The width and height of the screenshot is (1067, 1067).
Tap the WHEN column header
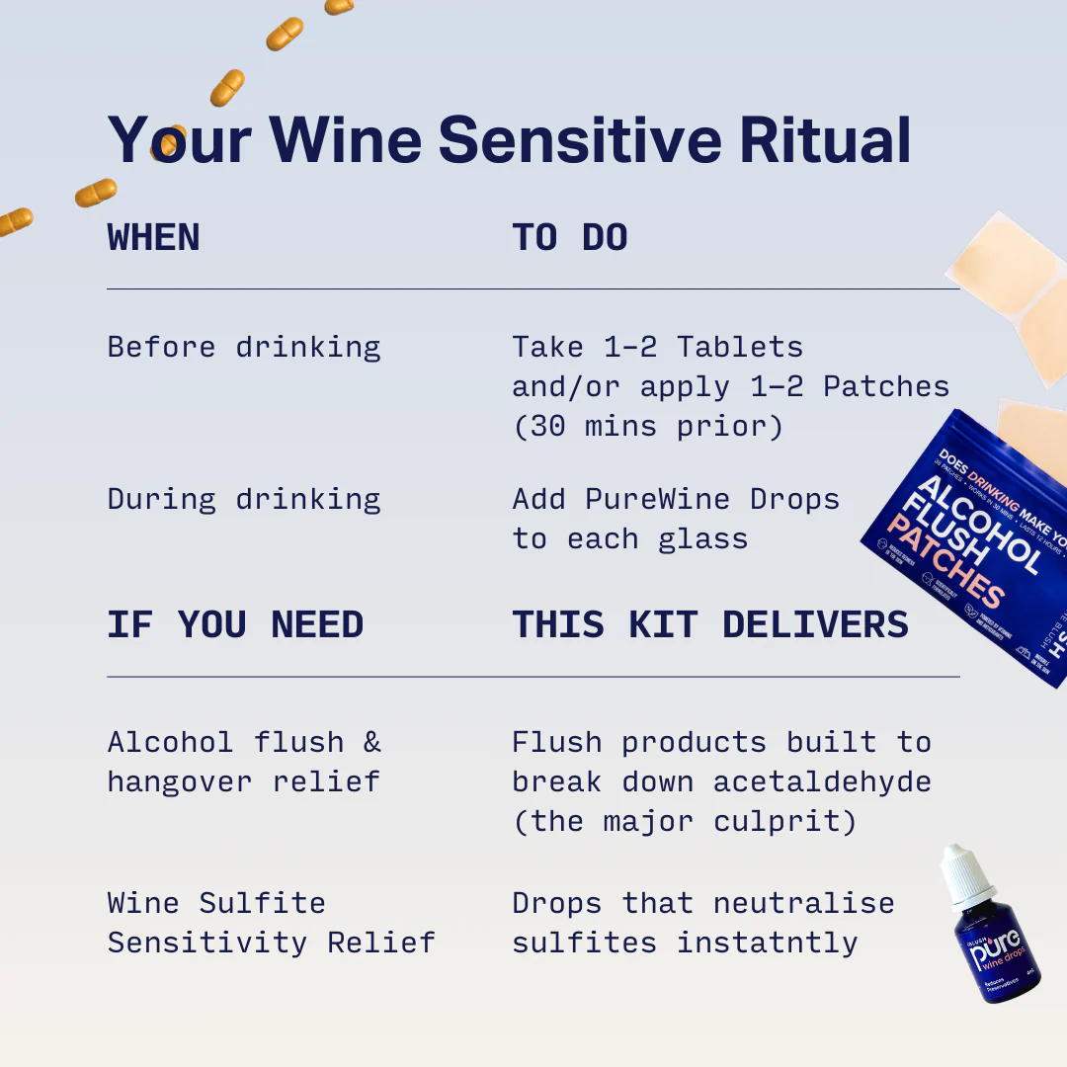(x=153, y=238)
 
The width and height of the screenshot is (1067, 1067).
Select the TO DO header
(x=570, y=238)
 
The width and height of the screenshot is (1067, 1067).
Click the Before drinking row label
(x=243, y=347)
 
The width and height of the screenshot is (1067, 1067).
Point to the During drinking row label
(x=243, y=499)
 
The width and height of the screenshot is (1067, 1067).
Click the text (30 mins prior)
(x=647, y=427)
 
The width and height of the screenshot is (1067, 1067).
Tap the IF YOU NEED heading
(x=235, y=625)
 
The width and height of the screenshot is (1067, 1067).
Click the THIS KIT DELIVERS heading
(x=709, y=625)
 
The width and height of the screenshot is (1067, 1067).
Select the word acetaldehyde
(x=822, y=782)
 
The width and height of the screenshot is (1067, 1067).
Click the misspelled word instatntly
(x=767, y=943)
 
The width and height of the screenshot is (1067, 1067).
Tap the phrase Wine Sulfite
(x=216, y=903)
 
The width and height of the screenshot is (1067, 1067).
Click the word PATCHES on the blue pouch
(x=944, y=563)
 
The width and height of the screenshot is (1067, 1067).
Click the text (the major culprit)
(x=684, y=822)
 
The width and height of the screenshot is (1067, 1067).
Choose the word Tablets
(x=739, y=347)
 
